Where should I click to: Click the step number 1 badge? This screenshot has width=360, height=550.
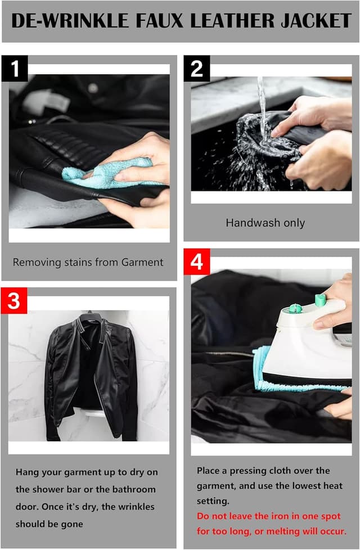[x=15, y=69]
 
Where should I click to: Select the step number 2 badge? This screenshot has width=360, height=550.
[x=197, y=69]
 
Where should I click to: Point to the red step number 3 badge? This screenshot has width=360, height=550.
[x=13, y=301]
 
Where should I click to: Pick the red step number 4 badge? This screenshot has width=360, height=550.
[x=197, y=262]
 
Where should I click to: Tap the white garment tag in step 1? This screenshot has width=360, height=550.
[x=47, y=102]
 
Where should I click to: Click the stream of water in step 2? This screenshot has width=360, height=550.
[x=262, y=106]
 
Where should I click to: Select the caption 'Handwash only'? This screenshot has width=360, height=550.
[x=265, y=223]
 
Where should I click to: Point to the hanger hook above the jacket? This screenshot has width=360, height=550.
[x=90, y=313]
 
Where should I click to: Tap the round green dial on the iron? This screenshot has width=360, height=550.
[x=295, y=308]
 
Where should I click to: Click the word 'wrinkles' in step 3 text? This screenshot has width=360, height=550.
[x=135, y=507]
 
